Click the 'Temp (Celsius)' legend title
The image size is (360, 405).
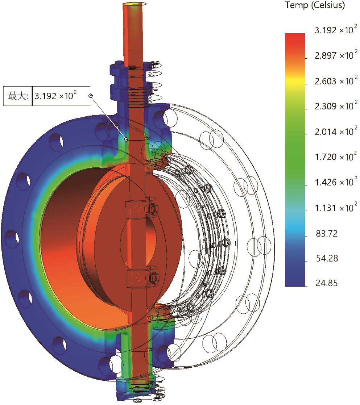coord(315,5)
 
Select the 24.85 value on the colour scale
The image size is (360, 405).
coord(326,283)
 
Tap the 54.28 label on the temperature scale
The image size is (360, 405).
coord(327,258)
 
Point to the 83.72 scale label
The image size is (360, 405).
coord(327,234)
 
